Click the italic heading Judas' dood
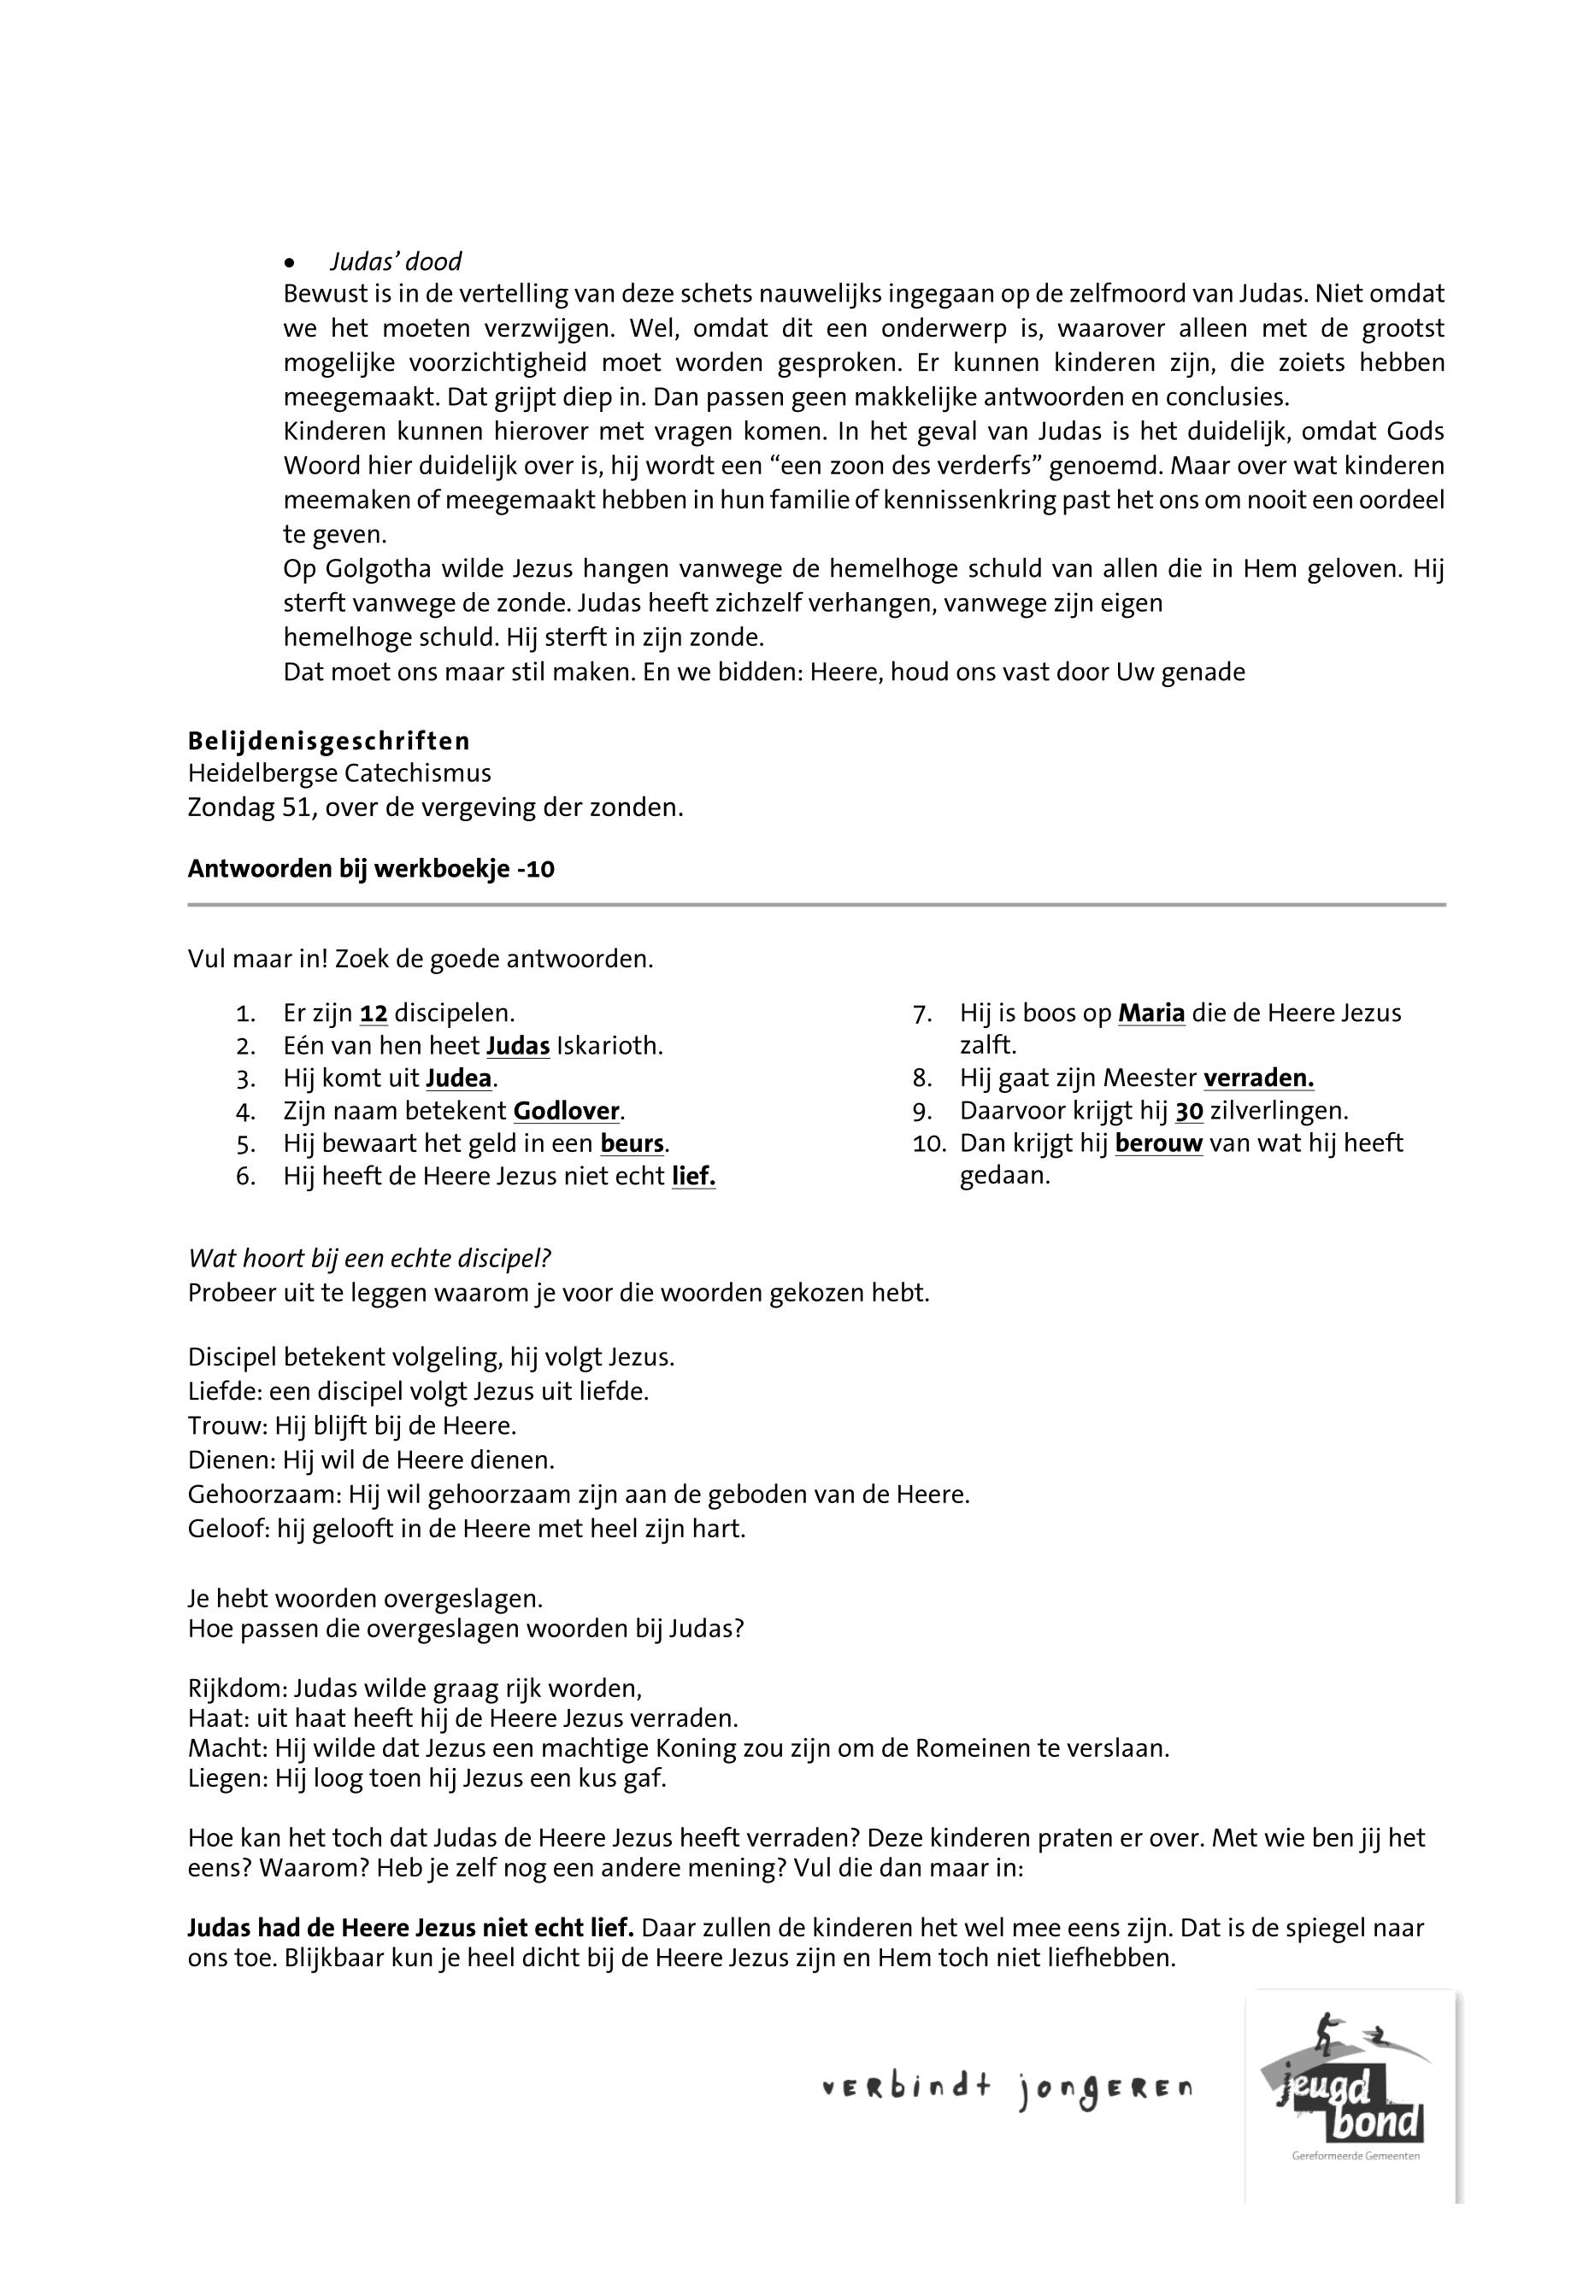pyautogui.click(x=395, y=261)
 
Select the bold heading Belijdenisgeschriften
pyautogui.click(x=329, y=741)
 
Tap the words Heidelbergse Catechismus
pyautogui.click(x=339, y=773)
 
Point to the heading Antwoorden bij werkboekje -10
pyautogui.click(x=371, y=869)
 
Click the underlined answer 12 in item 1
pyautogui.click(x=374, y=1013)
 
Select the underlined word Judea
pyautogui.click(x=458, y=1078)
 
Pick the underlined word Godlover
pyautogui.click(x=566, y=1112)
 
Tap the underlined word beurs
pyautogui.click(x=633, y=1144)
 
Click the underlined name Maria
pyautogui.click(x=1151, y=1013)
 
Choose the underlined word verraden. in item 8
pyautogui.click(x=1258, y=1078)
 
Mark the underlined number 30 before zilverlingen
pyautogui.click(x=1189, y=1112)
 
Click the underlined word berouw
pyautogui.click(x=1158, y=1144)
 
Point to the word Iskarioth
pyautogui.click(x=609, y=1046)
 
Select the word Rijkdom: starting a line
pyautogui.click(x=237, y=1689)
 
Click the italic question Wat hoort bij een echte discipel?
pyautogui.click(x=369, y=1260)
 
